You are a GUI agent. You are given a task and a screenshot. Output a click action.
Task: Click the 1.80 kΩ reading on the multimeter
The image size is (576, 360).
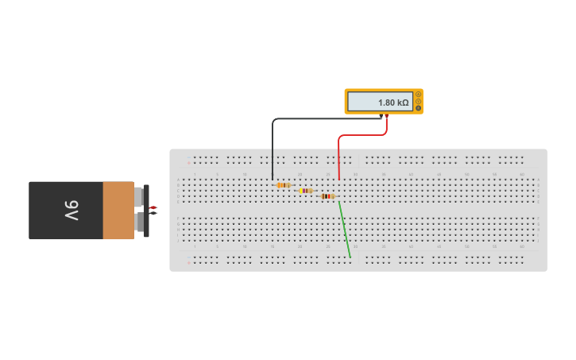tap(392, 103)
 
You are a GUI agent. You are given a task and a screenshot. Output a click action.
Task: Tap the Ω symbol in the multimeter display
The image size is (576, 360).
tap(405, 103)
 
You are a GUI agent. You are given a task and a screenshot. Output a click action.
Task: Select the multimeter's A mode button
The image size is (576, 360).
tap(419, 95)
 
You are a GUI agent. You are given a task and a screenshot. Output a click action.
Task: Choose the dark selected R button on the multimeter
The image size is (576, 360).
tap(419, 108)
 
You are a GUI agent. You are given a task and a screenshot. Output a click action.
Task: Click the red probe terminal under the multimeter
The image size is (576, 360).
tap(387, 116)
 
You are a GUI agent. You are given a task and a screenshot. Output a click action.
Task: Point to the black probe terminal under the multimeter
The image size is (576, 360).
tap(381, 116)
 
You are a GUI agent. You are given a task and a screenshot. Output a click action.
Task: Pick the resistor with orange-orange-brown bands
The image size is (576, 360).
tap(283, 185)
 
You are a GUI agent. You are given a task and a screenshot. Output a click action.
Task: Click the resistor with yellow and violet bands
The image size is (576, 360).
tap(306, 191)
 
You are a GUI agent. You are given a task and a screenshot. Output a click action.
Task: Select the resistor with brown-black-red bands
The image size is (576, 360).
tap(328, 196)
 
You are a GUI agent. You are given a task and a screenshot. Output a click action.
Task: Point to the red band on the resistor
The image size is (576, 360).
tap(330, 196)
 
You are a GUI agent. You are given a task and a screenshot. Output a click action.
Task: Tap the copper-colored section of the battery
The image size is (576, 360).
tap(118, 210)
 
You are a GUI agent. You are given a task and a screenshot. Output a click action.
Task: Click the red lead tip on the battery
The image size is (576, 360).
tap(153, 207)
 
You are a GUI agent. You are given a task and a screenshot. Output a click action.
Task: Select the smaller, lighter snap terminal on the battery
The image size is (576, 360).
tap(139, 195)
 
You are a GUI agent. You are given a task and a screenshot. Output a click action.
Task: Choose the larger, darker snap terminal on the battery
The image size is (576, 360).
tap(141, 222)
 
